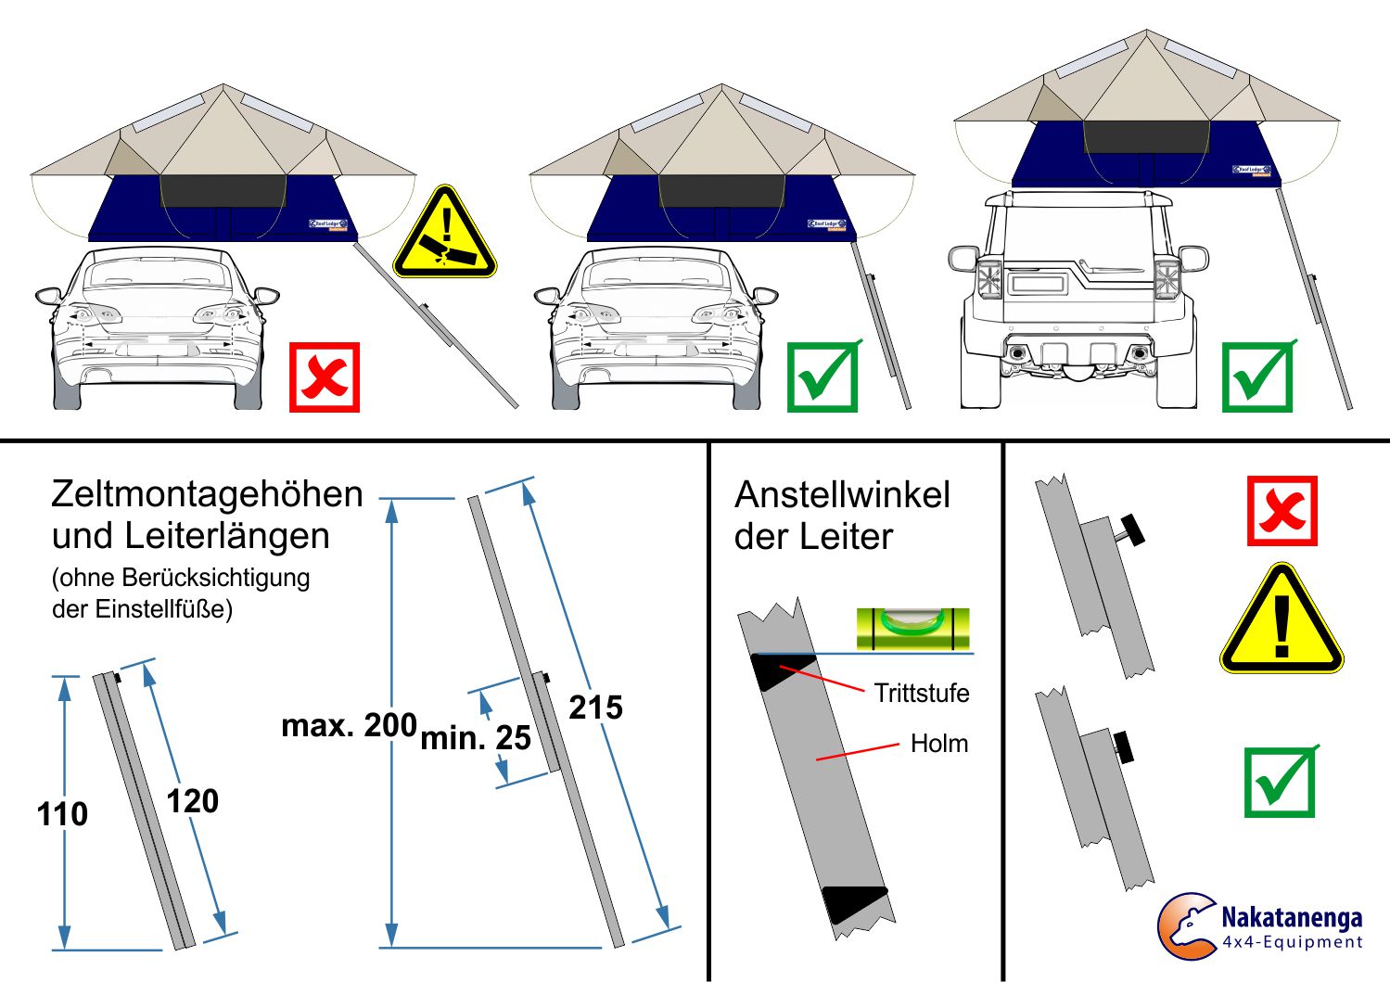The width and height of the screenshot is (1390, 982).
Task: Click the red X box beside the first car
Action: pos(324,377)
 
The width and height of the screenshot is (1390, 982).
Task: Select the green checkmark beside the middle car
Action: pos(822,377)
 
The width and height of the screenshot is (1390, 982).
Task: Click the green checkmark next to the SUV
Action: pos(1257,377)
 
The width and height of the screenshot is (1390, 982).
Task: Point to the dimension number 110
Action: pos(62,814)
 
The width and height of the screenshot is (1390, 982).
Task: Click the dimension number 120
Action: pos(192,801)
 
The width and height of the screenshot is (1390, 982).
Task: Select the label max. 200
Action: pos(349,725)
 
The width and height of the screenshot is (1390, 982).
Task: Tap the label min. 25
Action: pos(476,738)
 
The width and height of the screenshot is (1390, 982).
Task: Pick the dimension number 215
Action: pos(595,708)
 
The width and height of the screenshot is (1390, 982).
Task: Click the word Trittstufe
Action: pos(921,693)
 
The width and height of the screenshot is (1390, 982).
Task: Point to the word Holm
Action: pos(938,744)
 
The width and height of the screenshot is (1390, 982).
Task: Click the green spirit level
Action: pos(912,628)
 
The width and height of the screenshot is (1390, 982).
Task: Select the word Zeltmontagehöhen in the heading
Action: pos(207,494)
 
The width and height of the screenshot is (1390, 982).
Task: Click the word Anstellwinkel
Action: pos(842,495)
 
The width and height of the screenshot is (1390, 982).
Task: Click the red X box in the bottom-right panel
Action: pos(1282,511)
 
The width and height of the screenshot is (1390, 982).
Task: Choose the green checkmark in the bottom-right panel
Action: pos(1280,782)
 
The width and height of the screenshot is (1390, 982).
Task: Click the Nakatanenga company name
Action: pos(1291,918)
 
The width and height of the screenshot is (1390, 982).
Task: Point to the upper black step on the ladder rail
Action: pos(781,670)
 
